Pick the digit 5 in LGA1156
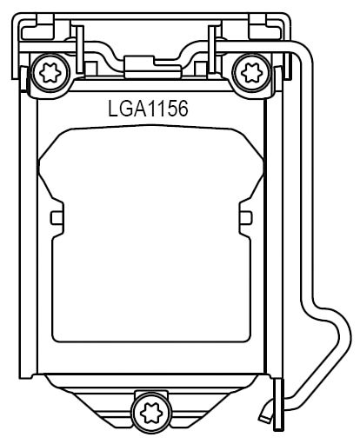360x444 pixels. [170, 110]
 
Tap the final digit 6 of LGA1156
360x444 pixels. [181, 110]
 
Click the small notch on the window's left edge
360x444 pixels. [56, 216]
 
